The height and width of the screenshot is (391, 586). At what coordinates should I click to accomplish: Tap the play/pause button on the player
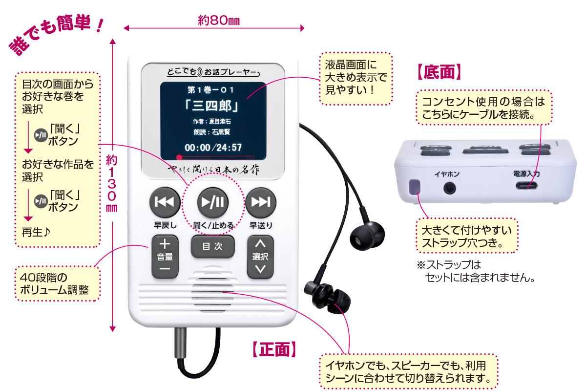click(x=212, y=202)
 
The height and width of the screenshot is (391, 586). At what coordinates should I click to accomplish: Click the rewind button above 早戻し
click(x=164, y=202)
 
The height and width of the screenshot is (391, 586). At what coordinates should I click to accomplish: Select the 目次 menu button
click(x=212, y=247)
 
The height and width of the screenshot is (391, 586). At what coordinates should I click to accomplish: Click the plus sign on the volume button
click(x=165, y=243)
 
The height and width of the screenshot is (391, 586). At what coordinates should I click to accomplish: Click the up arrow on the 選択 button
click(x=261, y=243)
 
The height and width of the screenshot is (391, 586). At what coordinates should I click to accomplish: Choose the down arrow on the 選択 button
click(x=261, y=269)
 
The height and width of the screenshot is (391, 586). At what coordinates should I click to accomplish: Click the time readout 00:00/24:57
click(x=213, y=147)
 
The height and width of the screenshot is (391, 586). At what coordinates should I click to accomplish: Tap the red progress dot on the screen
click(x=180, y=157)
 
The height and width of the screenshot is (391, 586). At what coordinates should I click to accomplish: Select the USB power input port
click(x=527, y=186)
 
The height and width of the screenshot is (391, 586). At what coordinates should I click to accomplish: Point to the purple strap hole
click(x=414, y=187)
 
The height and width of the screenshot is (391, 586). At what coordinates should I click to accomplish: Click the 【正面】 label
click(x=274, y=349)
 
